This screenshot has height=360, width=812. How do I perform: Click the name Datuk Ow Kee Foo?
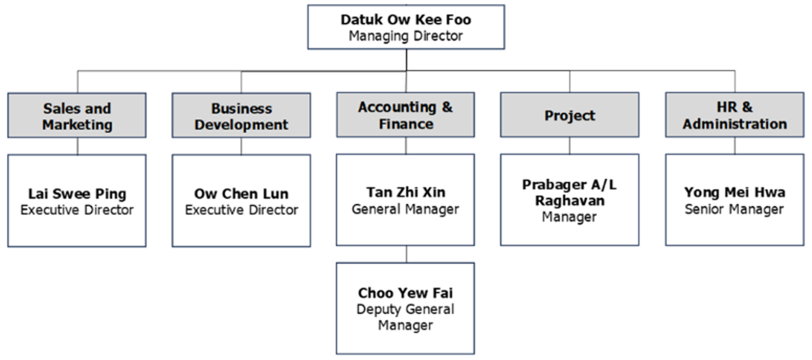(405, 20)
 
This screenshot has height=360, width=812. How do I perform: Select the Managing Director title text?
(405, 36)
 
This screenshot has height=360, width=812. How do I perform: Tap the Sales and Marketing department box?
(77, 116)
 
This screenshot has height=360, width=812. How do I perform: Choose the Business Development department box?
(241, 116)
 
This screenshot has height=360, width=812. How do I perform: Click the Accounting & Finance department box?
(405, 115)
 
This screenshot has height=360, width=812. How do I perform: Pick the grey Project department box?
(569, 115)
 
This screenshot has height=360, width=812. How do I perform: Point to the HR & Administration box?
(734, 115)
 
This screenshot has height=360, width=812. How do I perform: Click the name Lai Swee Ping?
(77, 193)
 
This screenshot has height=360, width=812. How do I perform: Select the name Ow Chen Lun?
(241, 193)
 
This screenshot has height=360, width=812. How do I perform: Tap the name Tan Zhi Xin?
(405, 192)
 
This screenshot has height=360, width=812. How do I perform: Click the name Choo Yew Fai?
(405, 293)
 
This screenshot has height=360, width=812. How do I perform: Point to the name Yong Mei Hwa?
(734, 192)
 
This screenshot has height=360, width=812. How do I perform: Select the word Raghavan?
(569, 201)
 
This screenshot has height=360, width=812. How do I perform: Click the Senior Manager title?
(734, 209)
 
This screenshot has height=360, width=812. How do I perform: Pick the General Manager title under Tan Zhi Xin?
(405, 209)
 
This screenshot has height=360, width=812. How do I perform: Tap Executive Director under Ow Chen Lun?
(241, 210)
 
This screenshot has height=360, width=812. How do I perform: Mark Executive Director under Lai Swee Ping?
(77, 210)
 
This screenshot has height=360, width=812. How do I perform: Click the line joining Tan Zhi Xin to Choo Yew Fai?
(406, 254)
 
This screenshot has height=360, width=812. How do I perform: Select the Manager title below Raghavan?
(569, 217)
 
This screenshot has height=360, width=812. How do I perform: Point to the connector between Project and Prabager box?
(569, 145)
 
